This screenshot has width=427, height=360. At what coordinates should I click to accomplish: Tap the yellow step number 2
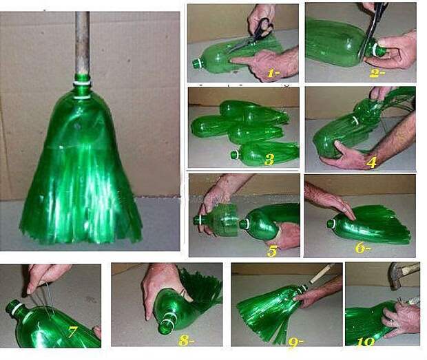376,73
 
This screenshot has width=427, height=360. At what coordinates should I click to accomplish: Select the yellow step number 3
269,160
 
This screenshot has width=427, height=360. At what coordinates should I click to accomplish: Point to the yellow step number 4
371,162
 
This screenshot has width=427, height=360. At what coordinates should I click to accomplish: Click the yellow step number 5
272,251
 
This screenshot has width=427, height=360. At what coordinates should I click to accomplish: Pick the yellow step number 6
362,248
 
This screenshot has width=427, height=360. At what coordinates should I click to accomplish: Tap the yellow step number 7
72,331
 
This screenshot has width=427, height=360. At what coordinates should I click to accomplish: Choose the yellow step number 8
186,341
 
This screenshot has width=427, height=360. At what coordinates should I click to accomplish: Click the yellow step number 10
365,342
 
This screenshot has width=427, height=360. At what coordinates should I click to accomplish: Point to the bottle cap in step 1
196,64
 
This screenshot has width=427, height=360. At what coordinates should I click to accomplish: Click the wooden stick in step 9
323,273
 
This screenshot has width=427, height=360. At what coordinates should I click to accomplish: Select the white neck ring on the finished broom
82,82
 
